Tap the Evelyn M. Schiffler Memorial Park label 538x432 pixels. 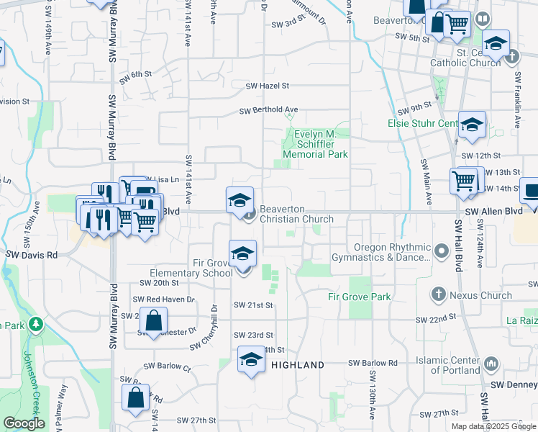pyautogui.click(x=315, y=144)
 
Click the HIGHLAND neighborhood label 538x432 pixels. pyautogui.click(x=298, y=365)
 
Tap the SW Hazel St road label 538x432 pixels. pyautogui.click(x=267, y=85)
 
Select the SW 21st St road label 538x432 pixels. pyautogui.click(x=253, y=305)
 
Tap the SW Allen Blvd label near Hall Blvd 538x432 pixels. pyautogui.click(x=493, y=212)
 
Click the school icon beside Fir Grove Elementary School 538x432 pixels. pyautogui.click(x=243, y=254)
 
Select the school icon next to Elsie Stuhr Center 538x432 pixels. pyautogui.click(x=472, y=125)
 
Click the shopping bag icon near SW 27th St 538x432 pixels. pyautogui.click(x=137, y=398)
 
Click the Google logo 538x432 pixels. pyautogui.click(x=24, y=423)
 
